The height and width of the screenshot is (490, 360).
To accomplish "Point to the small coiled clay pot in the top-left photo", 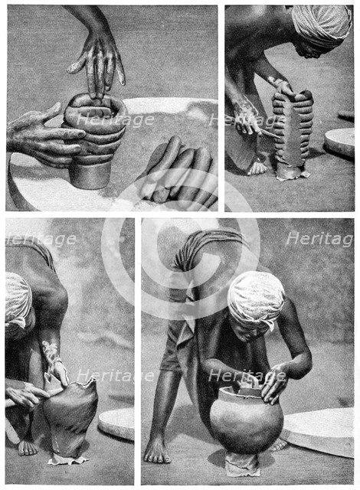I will click(94, 142).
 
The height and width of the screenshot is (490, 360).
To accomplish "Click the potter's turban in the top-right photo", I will click(322, 23).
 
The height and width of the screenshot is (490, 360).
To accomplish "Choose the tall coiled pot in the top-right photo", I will click(293, 130).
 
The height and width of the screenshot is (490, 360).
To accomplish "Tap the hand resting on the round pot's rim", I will click(273, 383).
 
